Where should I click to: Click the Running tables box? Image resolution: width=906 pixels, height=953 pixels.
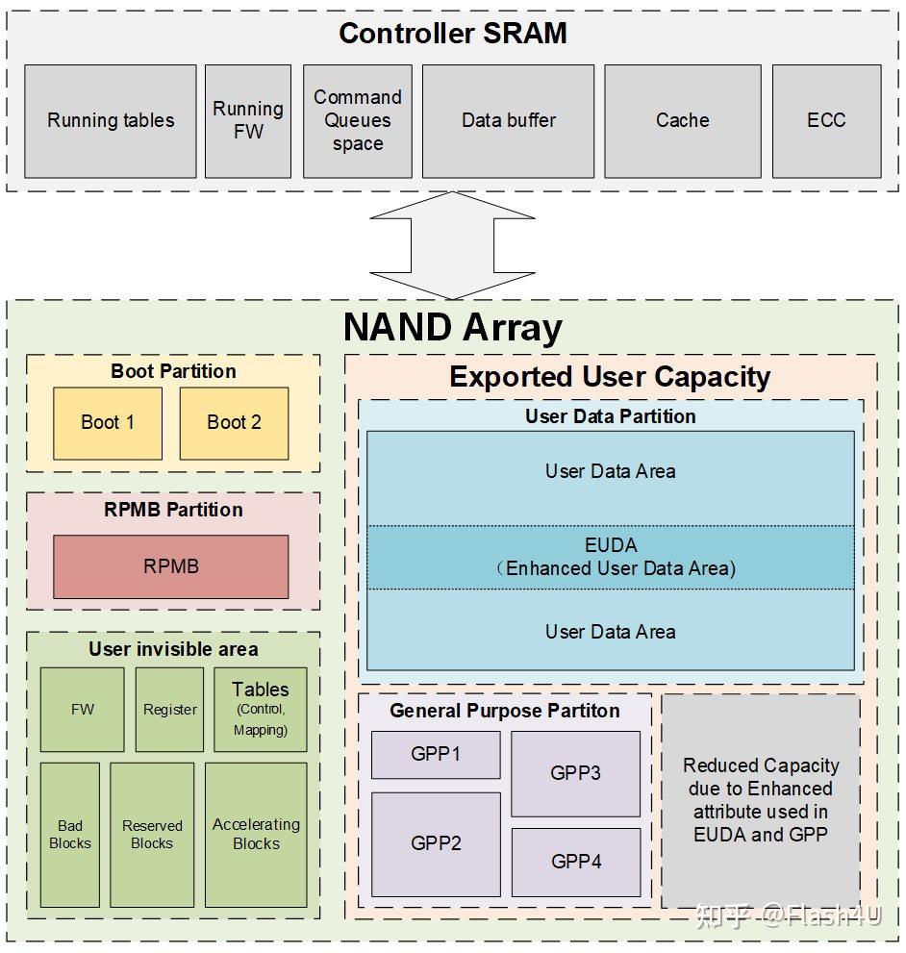(x=110, y=121)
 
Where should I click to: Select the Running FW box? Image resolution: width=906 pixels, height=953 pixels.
(x=248, y=121)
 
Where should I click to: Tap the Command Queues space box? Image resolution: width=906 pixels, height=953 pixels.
(x=358, y=121)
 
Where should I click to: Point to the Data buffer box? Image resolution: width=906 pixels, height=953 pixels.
(x=509, y=121)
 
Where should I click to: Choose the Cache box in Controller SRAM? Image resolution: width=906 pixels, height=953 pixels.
(x=682, y=121)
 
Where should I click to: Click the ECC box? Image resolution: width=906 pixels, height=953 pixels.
(x=826, y=121)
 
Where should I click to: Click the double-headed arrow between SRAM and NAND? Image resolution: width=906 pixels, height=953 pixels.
(x=452, y=245)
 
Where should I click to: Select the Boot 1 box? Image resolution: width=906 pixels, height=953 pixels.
(x=108, y=423)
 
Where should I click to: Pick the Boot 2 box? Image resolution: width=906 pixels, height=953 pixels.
(x=234, y=423)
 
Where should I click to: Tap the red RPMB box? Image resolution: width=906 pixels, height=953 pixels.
(x=171, y=566)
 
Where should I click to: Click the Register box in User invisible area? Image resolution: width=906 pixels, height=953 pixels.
(x=169, y=710)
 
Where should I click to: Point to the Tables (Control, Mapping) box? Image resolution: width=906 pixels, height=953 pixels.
(x=261, y=710)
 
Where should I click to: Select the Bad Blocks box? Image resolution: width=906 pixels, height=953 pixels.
(x=70, y=835)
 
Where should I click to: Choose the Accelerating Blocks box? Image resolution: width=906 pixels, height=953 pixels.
(x=256, y=835)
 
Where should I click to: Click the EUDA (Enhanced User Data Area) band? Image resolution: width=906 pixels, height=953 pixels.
(x=611, y=558)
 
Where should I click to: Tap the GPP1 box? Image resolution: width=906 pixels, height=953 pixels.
(x=436, y=754)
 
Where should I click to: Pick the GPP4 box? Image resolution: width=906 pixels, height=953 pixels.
(x=576, y=862)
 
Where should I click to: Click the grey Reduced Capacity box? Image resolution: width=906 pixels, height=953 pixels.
(x=761, y=800)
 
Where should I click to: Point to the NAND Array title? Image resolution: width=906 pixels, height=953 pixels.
(x=453, y=328)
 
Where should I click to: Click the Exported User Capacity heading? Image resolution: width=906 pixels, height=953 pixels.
(x=610, y=377)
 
